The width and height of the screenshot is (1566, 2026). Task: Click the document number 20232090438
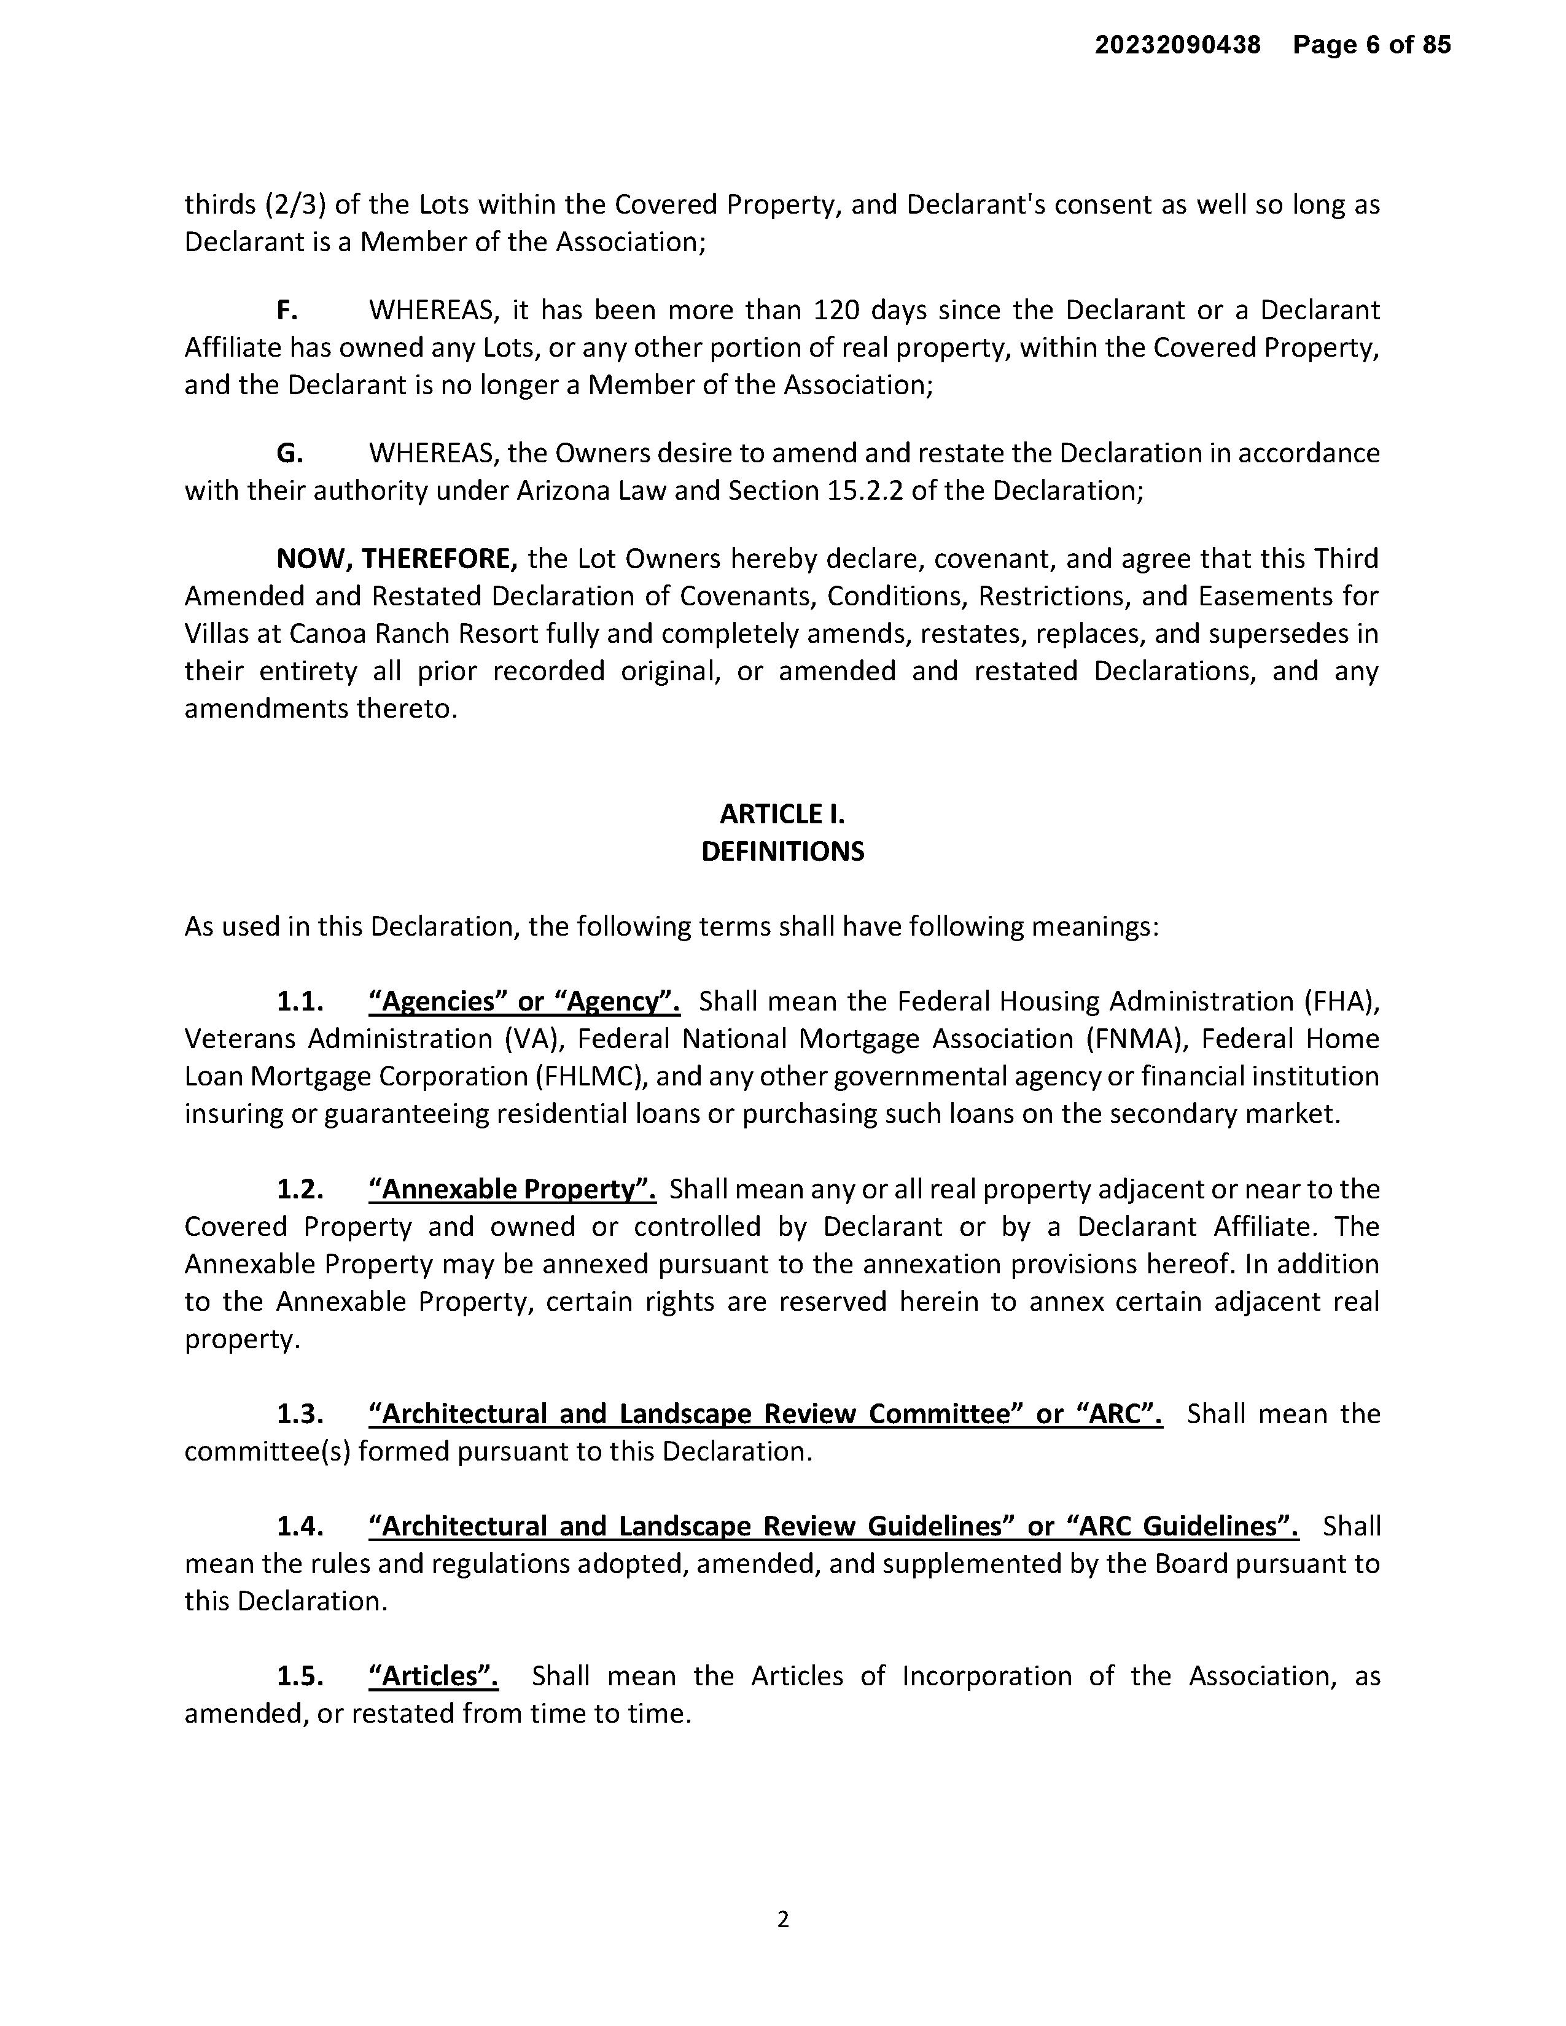pyautogui.click(x=1177, y=45)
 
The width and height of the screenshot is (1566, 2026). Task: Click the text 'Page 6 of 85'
pyautogui.click(x=1371, y=45)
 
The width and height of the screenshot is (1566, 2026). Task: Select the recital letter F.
pyautogui.click(x=287, y=310)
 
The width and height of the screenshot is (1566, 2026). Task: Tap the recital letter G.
pyautogui.click(x=289, y=452)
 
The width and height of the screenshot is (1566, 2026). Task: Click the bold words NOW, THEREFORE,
pyautogui.click(x=397, y=559)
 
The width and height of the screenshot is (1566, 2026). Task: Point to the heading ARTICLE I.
pyautogui.click(x=782, y=813)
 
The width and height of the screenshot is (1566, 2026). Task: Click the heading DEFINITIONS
pyautogui.click(x=782, y=852)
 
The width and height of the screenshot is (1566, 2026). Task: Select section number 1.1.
pyautogui.click(x=300, y=1002)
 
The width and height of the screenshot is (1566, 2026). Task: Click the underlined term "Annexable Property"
pyautogui.click(x=512, y=1189)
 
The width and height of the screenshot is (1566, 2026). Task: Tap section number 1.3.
pyautogui.click(x=300, y=1414)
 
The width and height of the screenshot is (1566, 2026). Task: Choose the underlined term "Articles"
pyautogui.click(x=433, y=1675)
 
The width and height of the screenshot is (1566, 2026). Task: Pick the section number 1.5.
pyautogui.click(x=300, y=1675)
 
